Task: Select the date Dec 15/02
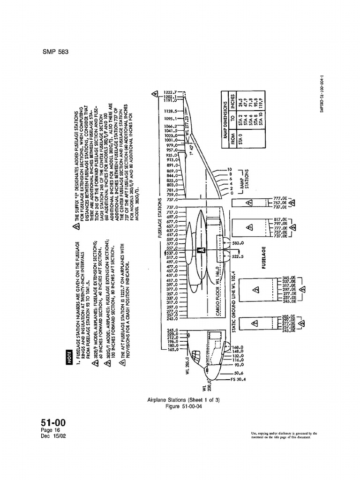click(x=54, y=438)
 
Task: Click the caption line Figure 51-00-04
click(x=180, y=405)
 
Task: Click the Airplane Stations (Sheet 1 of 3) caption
click(x=180, y=399)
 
